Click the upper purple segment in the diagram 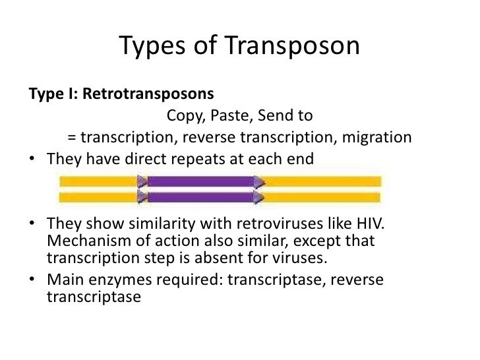click(x=201, y=181)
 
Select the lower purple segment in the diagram click(x=201, y=196)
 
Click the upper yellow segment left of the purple click(x=99, y=181)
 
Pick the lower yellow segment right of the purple click(x=323, y=196)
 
